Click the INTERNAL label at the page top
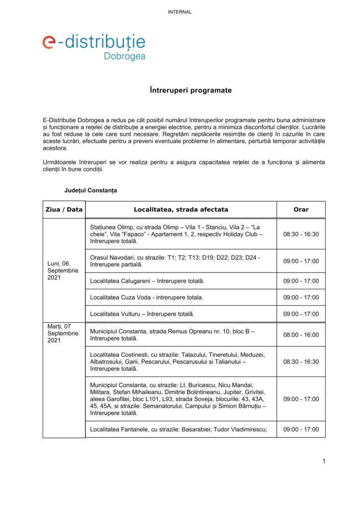[x=180, y=12]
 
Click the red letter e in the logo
[x=49, y=43]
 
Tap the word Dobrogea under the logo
[x=124, y=57]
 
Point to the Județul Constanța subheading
[x=90, y=190]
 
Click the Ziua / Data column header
[x=64, y=209]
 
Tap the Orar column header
[x=301, y=209]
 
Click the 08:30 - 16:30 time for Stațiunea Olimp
[x=301, y=234]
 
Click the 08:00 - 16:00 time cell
[x=301, y=335]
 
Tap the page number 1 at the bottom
[x=324, y=461]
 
